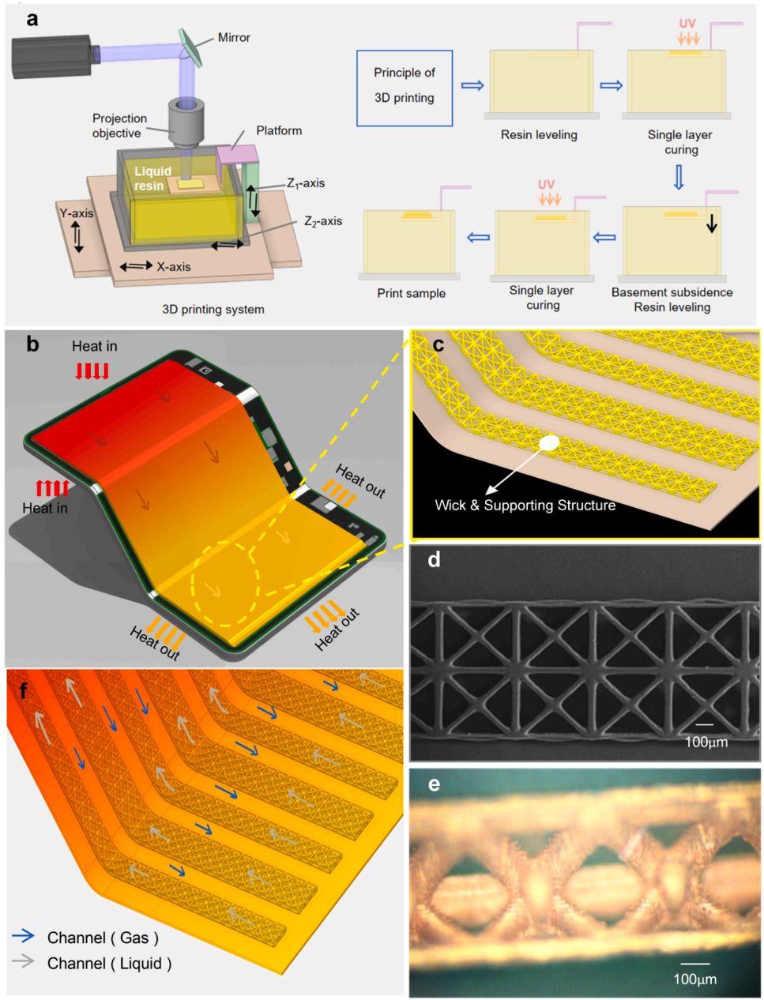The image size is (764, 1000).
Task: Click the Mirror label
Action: (x=234, y=37)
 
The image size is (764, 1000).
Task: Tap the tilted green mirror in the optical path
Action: (x=191, y=47)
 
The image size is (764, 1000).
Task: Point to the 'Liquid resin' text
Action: (x=152, y=179)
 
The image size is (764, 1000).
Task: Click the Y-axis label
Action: (x=76, y=213)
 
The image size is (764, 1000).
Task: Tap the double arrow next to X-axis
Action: (x=136, y=265)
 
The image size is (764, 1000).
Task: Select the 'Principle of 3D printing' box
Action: (x=405, y=88)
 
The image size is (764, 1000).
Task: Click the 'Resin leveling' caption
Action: (x=539, y=135)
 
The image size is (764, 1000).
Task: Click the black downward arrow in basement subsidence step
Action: (x=712, y=223)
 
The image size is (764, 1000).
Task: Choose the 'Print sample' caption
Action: (x=411, y=293)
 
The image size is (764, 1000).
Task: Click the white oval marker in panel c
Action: (x=549, y=442)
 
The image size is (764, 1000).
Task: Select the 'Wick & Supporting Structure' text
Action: (x=525, y=506)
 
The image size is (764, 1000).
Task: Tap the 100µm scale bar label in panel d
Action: (x=706, y=742)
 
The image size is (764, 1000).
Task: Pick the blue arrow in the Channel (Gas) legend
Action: (x=24, y=936)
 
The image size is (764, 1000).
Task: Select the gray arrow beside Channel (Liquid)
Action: (x=24, y=961)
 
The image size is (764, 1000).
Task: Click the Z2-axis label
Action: (x=323, y=221)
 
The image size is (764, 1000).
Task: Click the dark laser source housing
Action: (x=51, y=56)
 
